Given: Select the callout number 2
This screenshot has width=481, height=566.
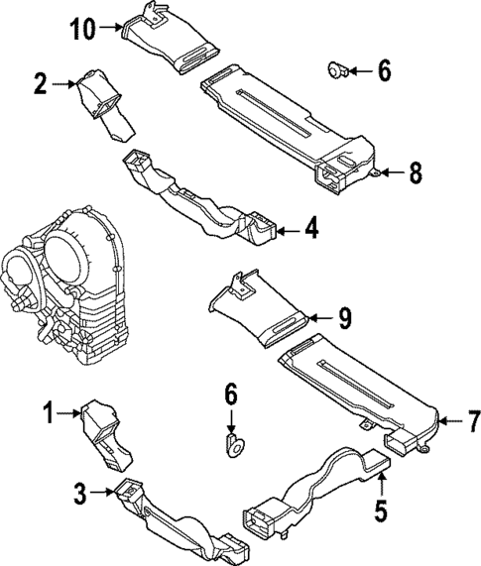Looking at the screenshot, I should (x=41, y=83).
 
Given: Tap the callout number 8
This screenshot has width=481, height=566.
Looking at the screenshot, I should (x=415, y=172).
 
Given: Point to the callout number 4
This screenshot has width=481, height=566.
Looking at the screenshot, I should (x=310, y=230).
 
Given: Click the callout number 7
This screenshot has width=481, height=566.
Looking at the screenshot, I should (x=473, y=421).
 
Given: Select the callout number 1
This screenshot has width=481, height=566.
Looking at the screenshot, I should (x=47, y=410).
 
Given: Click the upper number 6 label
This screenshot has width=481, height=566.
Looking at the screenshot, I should (x=384, y=69).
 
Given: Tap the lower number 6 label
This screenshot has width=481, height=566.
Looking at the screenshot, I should (x=230, y=396).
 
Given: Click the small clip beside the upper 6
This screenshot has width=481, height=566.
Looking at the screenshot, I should (x=337, y=69).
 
